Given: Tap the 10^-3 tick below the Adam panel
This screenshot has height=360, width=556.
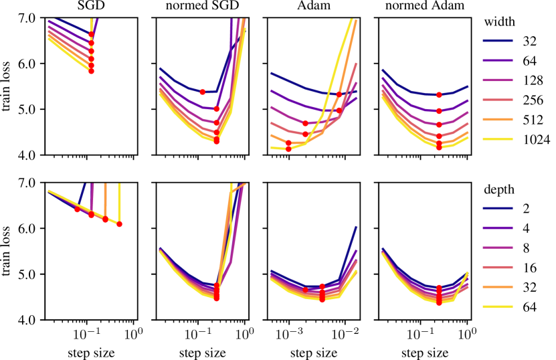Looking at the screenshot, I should pyautogui.click(x=288, y=333).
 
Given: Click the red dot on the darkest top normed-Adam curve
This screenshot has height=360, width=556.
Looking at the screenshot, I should pyautogui.click(x=439, y=95).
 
